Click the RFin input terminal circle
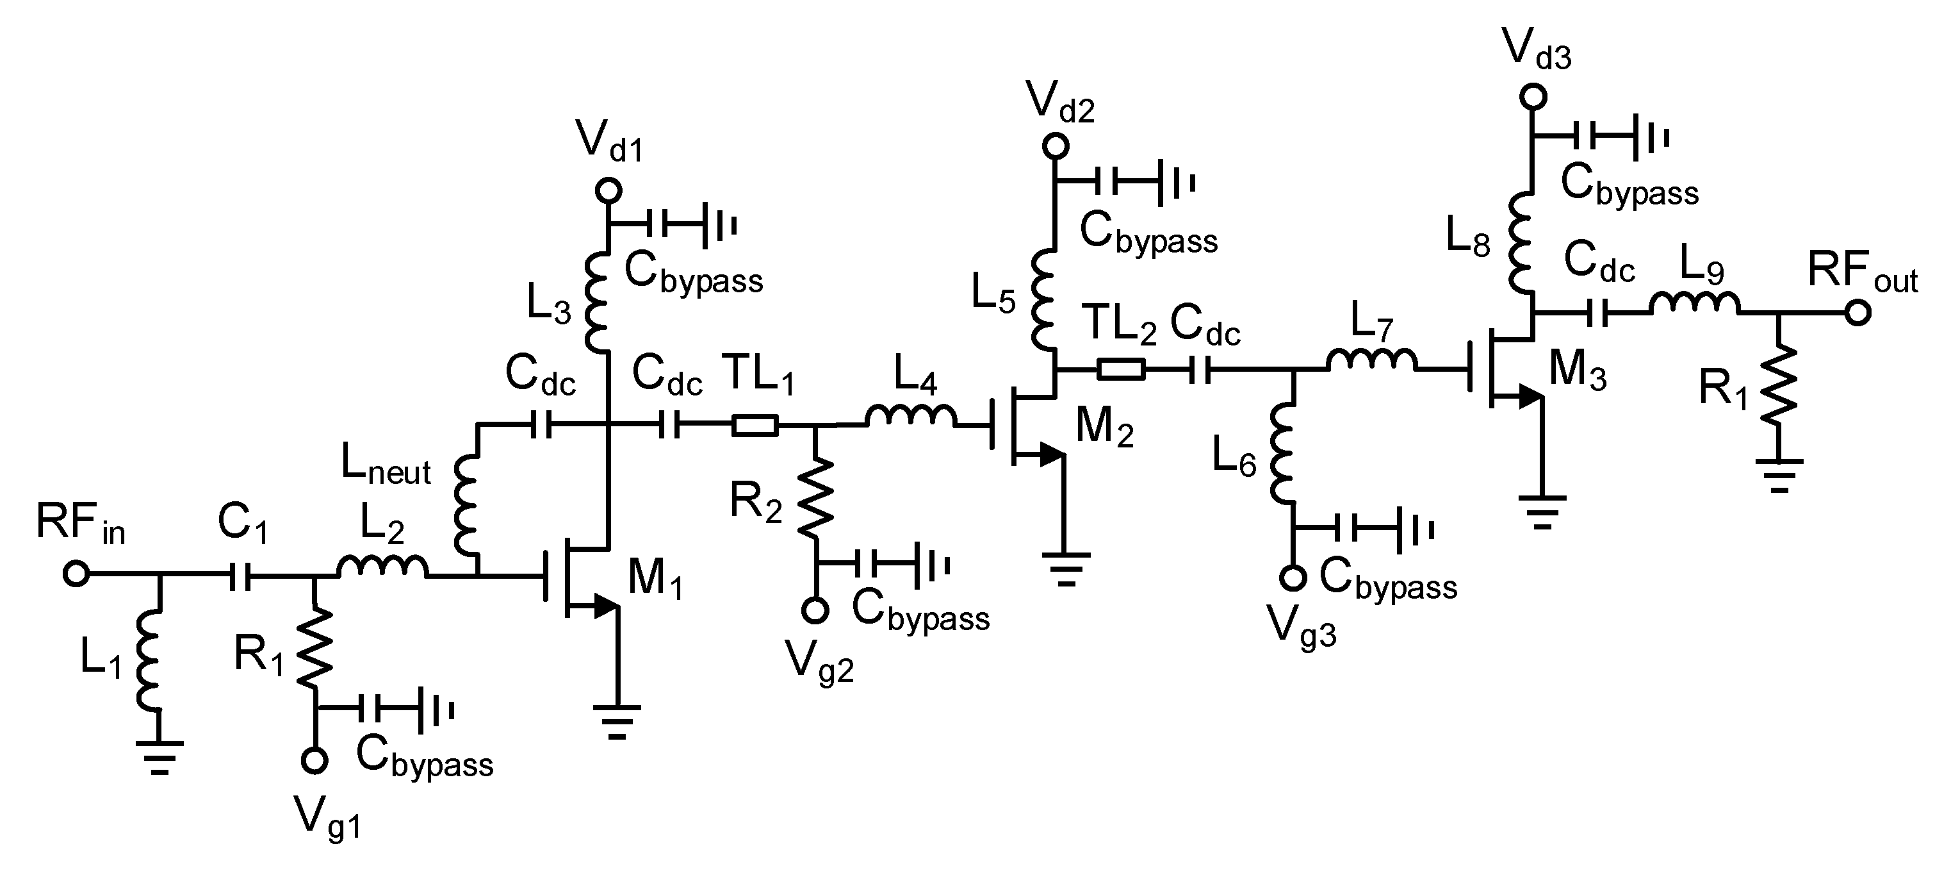point(76,574)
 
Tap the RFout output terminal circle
point(1857,312)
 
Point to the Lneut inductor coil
point(466,506)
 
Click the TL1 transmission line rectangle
point(755,426)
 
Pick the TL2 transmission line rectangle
point(1121,370)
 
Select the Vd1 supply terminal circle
point(608,190)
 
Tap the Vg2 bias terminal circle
point(815,610)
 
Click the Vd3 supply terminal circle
point(1533,97)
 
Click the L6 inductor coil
point(1284,453)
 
